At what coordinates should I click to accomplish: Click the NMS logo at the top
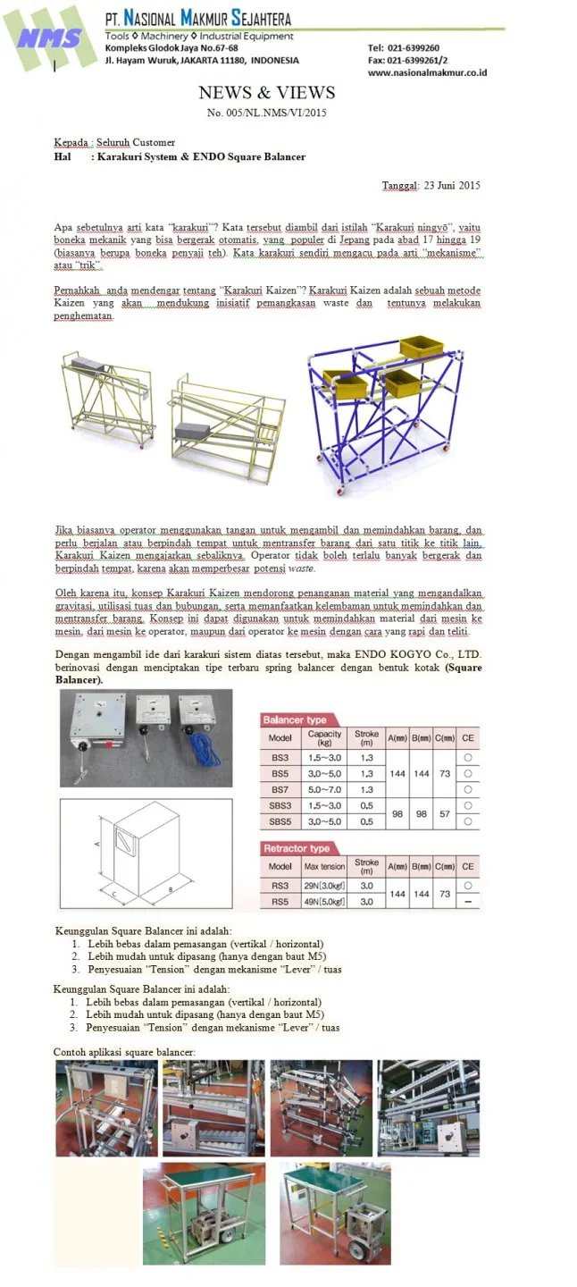[x=50, y=38]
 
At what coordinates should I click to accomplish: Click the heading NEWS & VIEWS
[x=267, y=93]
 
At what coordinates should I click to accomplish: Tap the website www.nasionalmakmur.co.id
[x=427, y=73]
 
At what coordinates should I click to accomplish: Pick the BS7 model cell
[x=280, y=789]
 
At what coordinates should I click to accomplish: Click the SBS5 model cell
[x=280, y=820]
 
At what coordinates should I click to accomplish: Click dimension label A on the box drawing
[x=96, y=842]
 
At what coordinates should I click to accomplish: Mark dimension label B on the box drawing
[x=171, y=890]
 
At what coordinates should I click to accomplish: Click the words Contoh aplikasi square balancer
[x=124, y=1051]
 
